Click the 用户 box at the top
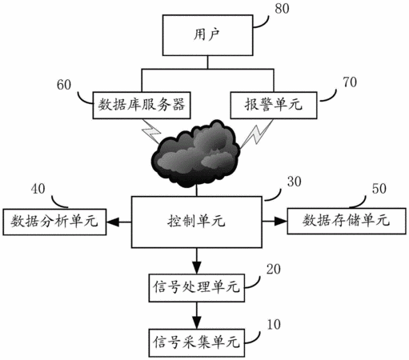point(207,35)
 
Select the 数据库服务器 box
point(142,106)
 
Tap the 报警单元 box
point(274,106)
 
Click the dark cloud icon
point(196,154)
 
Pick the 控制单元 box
point(196,222)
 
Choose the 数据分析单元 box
point(54,222)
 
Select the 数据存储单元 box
point(347,221)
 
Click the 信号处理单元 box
point(197,288)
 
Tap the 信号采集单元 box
point(197,342)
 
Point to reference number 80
point(282,9)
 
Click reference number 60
point(64,85)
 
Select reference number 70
point(350,82)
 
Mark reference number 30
point(295,182)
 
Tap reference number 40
point(38,189)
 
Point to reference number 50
point(379,189)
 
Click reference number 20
point(274,270)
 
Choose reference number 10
point(274,324)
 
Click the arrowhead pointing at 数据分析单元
point(113,222)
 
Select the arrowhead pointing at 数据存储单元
point(281,221)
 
